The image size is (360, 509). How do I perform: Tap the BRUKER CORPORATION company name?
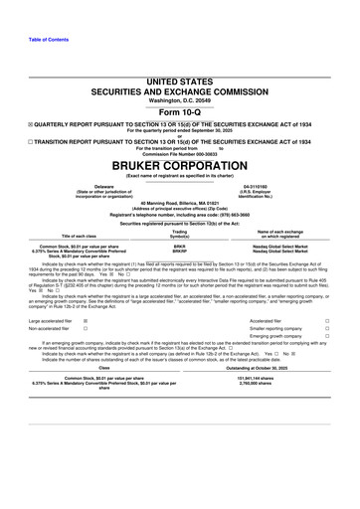coord(180,166)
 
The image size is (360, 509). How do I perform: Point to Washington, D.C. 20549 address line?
coord(180,100)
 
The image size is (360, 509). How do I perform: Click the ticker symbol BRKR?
coord(180,244)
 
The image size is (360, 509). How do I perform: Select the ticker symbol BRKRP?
coord(180,249)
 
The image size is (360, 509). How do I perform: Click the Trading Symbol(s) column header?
coord(180,233)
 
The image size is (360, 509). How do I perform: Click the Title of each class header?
coord(77,236)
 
